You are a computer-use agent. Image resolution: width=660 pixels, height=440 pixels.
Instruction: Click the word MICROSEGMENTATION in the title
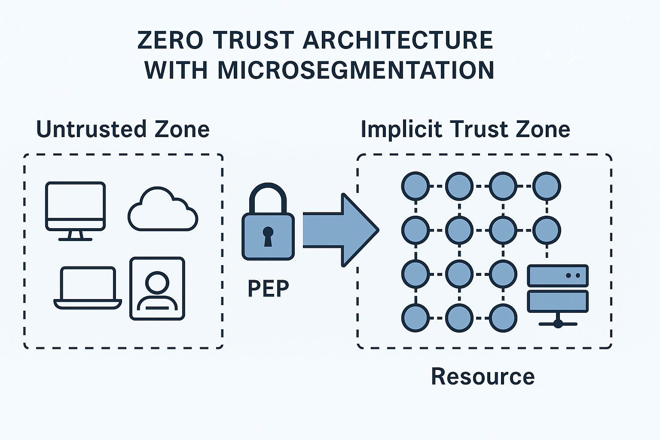(x=356, y=70)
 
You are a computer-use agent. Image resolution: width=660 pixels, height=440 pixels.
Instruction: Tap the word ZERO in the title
(x=170, y=40)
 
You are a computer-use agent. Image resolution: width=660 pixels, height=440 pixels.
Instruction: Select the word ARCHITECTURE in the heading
(x=398, y=40)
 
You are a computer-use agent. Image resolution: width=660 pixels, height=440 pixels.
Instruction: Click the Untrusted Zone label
(x=123, y=129)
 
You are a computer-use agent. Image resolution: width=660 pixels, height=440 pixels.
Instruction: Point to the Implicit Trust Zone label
(x=465, y=129)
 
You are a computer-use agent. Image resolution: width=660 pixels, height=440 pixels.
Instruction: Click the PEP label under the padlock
(x=268, y=288)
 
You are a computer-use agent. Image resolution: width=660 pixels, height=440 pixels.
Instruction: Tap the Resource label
(x=483, y=376)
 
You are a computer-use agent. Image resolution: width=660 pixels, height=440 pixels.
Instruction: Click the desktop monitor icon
(x=75, y=207)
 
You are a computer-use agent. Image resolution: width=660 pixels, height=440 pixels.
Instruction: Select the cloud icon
(x=162, y=211)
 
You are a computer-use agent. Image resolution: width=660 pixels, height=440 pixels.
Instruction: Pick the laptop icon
(x=88, y=287)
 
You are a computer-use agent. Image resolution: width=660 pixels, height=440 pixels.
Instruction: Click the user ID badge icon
(x=157, y=288)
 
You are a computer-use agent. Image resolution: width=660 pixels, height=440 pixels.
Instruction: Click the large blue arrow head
(x=359, y=230)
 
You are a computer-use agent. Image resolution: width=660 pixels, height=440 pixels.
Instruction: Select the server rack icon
(x=558, y=295)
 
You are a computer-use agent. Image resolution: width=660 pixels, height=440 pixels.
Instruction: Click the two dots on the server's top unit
(x=573, y=275)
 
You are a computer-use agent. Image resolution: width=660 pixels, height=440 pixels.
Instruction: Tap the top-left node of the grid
(x=416, y=186)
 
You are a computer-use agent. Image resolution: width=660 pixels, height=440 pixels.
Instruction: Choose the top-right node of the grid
(x=547, y=186)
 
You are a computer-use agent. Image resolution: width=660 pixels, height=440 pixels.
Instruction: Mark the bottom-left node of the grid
(x=416, y=318)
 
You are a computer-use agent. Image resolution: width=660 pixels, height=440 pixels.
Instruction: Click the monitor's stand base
(x=75, y=238)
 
